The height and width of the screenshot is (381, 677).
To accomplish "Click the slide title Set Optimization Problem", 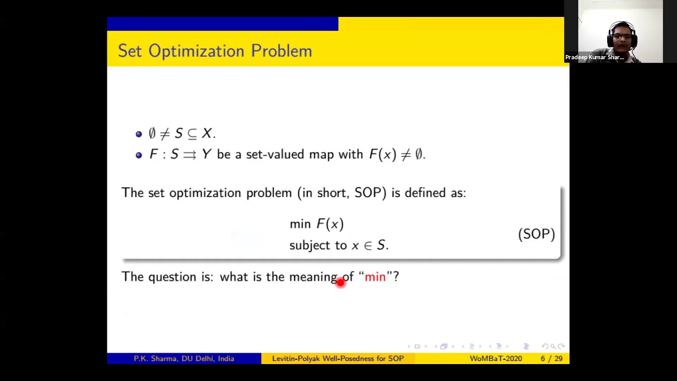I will (215, 51).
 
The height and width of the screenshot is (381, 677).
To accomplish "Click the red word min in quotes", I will (375, 277).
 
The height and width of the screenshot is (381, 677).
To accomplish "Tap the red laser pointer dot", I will (340, 283).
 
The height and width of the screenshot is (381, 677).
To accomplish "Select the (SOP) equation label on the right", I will (536, 234).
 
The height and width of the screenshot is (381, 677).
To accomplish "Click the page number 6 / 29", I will (551, 359).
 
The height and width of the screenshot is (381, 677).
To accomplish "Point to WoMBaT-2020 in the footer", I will (496, 359).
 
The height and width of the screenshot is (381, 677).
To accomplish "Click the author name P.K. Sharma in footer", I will (155, 359).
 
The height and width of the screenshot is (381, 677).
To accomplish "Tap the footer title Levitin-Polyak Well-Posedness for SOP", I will (337, 359).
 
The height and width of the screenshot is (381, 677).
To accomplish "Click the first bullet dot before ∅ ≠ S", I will (139, 134).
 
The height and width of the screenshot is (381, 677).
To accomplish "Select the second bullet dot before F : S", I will (139, 155).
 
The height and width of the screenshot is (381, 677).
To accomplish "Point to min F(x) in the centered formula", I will (316, 224).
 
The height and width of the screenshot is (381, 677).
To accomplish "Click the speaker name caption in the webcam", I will (594, 57).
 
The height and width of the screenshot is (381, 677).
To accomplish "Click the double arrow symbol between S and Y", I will (189, 155).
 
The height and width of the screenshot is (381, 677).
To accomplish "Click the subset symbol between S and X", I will (192, 134).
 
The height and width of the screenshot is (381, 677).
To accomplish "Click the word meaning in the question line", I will (313, 277).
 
